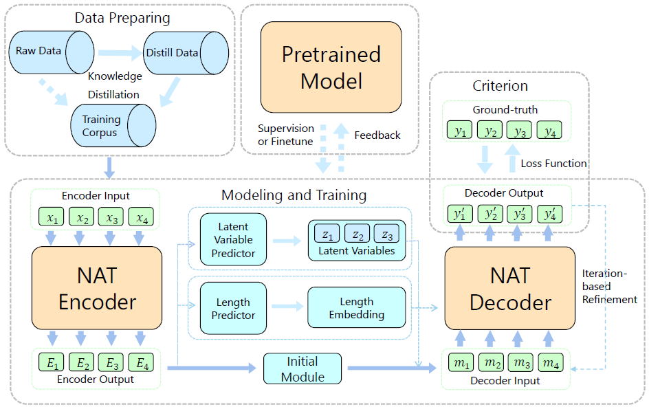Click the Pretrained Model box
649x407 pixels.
tap(331, 67)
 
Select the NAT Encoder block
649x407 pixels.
tap(97, 288)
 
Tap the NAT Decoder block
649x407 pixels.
tap(510, 288)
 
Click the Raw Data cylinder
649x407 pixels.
tap(52, 52)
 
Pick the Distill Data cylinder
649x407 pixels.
tap(186, 53)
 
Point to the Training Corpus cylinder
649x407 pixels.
tap(113, 125)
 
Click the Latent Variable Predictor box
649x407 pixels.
tap(233, 239)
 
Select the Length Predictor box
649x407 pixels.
tap(233, 308)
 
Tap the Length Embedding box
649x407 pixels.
tap(356, 307)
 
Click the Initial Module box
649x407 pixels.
tap(302, 368)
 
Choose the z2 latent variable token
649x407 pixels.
tap(357, 234)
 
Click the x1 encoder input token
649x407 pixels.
tap(52, 217)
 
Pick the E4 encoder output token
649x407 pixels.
tap(141, 362)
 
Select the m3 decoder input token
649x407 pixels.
tap(521, 362)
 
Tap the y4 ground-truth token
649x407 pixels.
tap(549, 130)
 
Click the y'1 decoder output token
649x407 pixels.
tap(460, 214)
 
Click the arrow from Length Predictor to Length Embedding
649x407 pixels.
tap(287, 307)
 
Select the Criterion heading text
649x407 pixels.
tap(500, 86)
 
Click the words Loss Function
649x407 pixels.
tap(553, 164)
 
